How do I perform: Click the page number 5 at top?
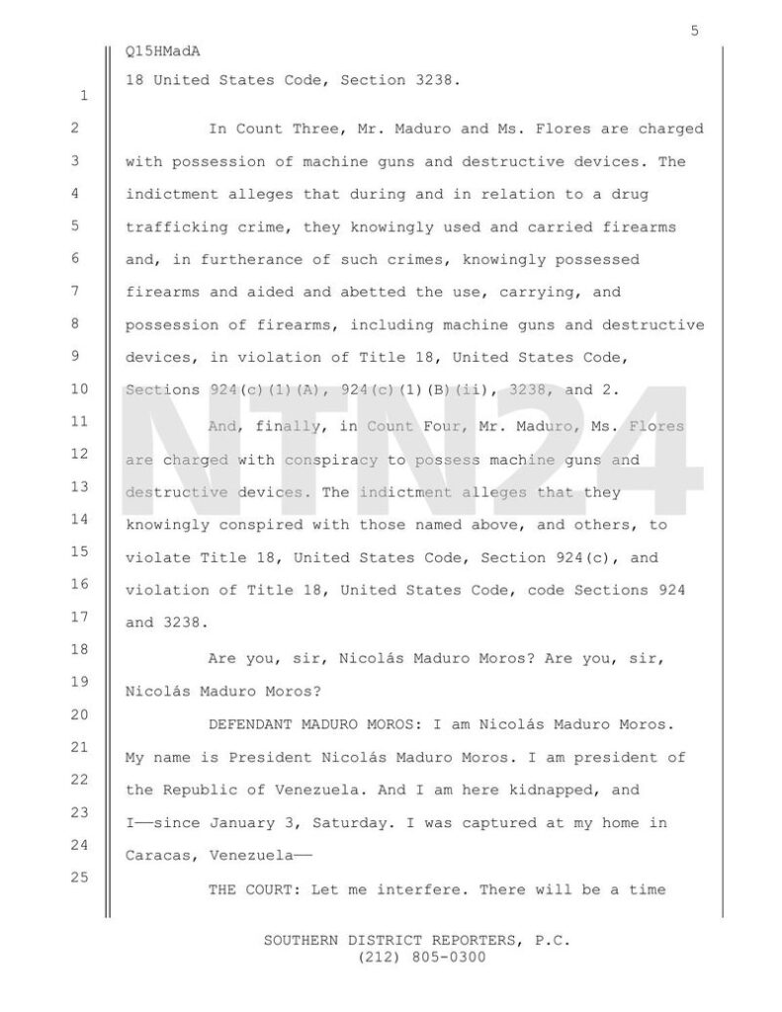point(695,31)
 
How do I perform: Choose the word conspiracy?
point(338,460)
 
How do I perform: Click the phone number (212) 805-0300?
point(415,957)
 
